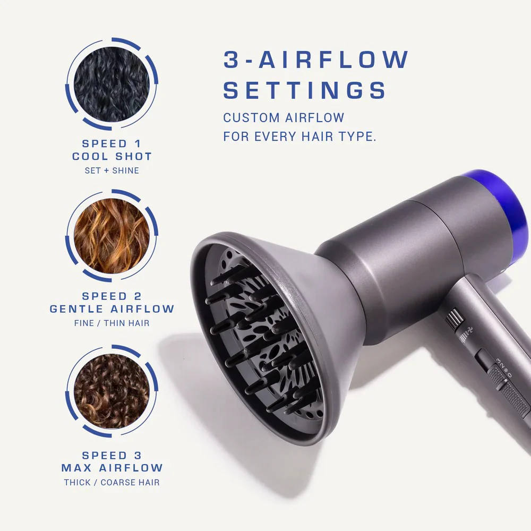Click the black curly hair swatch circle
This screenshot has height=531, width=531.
coord(112,84)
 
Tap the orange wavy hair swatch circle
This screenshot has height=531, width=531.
coord(112,236)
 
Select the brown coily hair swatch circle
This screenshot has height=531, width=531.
coord(112,391)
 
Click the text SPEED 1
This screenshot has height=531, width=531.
coord(112,143)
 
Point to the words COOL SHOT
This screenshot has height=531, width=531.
coord(112,157)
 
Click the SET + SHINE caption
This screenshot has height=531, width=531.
coord(112,170)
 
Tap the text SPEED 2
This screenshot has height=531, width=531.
coord(112,296)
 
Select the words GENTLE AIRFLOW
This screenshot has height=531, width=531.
coord(112,309)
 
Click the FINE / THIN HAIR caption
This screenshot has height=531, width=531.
coord(112,323)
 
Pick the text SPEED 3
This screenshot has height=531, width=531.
coord(112,455)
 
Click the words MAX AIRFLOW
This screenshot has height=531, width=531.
coord(112,468)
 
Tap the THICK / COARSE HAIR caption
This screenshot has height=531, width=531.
coord(112,482)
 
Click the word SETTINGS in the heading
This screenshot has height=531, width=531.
coord(304,90)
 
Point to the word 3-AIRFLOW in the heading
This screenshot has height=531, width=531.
coord(316,59)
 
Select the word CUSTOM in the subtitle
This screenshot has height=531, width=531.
coord(251,118)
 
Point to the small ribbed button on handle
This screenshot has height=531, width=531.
coord(454,318)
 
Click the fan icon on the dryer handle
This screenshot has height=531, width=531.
coord(470,329)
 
